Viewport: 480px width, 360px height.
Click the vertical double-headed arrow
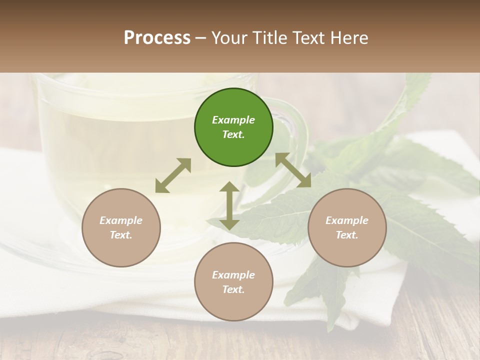[229, 205]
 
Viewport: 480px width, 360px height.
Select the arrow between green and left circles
[173, 175]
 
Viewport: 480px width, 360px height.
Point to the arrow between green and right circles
[293, 170]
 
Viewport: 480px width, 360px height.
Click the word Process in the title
[157, 37]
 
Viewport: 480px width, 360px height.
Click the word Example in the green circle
[233, 120]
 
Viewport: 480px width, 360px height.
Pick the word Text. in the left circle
[121, 235]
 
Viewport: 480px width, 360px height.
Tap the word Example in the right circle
[347, 220]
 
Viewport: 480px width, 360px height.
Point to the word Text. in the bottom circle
[233, 289]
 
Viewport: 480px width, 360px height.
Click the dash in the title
[201, 38]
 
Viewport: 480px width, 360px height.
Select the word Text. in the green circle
[233, 134]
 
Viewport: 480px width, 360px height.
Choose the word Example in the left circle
[121, 220]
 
